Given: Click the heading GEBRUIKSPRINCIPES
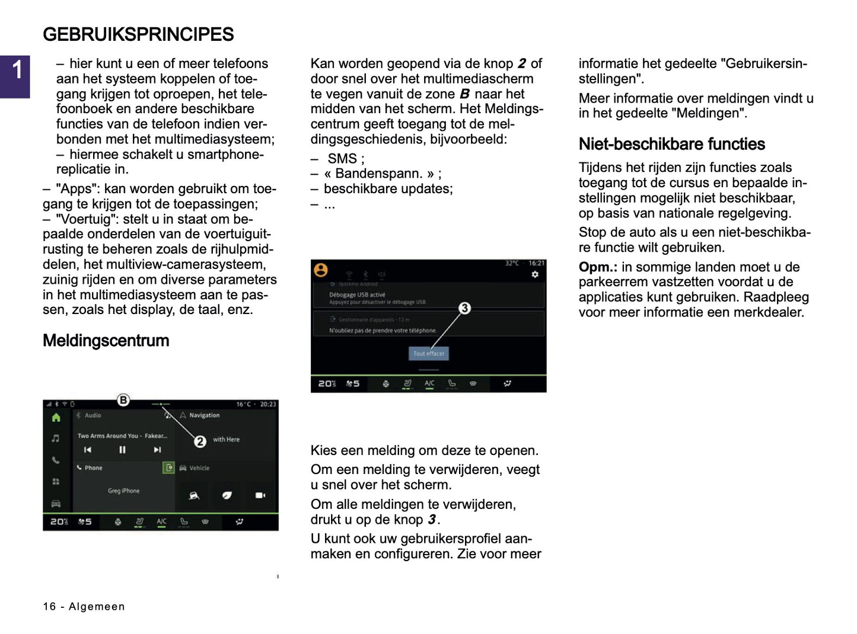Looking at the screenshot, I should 138,34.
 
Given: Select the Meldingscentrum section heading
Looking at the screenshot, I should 106,341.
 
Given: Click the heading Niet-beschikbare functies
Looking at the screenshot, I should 671,144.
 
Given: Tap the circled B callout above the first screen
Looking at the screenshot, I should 123,400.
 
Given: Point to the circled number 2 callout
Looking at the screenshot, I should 200,441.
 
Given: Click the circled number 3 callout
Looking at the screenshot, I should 464,308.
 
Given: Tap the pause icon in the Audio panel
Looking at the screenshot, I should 122,450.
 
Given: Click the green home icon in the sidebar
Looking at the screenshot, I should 56,418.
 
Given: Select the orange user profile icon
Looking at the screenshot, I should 321,270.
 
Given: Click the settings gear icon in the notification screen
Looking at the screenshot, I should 535,274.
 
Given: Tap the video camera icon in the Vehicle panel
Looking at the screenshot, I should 260,495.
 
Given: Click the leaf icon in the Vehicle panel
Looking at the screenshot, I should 227,495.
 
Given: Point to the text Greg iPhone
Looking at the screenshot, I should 123,491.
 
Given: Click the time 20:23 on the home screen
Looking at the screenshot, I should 268,404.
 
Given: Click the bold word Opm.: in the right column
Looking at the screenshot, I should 598,267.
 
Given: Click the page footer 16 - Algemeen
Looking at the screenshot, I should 84,606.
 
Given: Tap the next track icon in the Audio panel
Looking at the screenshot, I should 157,450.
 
